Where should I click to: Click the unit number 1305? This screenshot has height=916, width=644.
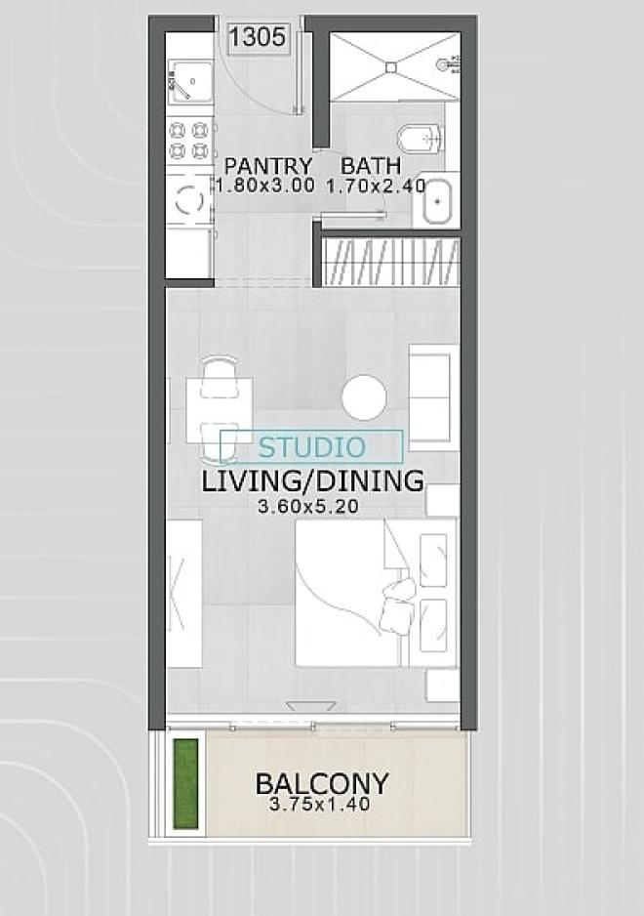[x=257, y=37]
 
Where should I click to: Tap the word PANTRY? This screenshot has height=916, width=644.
[x=268, y=166]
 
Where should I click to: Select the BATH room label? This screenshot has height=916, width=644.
[x=371, y=166]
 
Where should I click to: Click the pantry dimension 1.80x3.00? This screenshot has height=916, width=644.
[x=265, y=187]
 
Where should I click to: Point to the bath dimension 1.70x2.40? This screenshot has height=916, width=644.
[x=376, y=187]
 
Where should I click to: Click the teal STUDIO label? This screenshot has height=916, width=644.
[x=312, y=447]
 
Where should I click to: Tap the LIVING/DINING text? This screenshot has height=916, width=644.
[x=312, y=481]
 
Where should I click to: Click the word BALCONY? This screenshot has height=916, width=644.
[x=322, y=783]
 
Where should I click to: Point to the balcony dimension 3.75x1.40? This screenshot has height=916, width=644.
[x=319, y=805]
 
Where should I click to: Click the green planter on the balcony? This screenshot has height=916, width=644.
[x=185, y=783]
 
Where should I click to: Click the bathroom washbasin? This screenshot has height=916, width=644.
[x=437, y=201]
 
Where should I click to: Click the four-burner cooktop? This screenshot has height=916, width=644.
[x=189, y=141]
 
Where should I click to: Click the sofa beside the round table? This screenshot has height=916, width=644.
[x=432, y=397]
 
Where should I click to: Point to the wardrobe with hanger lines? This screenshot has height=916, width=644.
[x=390, y=261]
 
